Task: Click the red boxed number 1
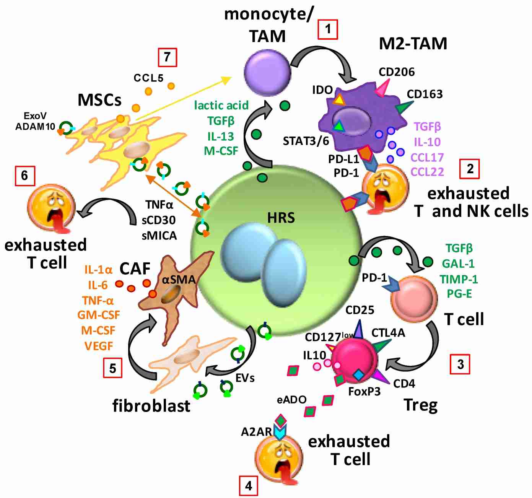[327, 29]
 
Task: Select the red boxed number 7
[167, 57]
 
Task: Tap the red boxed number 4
[248, 486]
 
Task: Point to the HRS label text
[281, 218]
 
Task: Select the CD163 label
[425, 94]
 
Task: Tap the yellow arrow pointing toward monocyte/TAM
[184, 98]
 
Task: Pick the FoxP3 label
[364, 391]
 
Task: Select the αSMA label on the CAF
[179, 280]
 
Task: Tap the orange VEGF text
[99, 346]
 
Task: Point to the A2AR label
[256, 432]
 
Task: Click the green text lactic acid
[221, 105]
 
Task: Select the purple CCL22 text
[427, 172]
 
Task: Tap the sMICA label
[159, 236]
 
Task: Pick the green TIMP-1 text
[459, 279]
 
